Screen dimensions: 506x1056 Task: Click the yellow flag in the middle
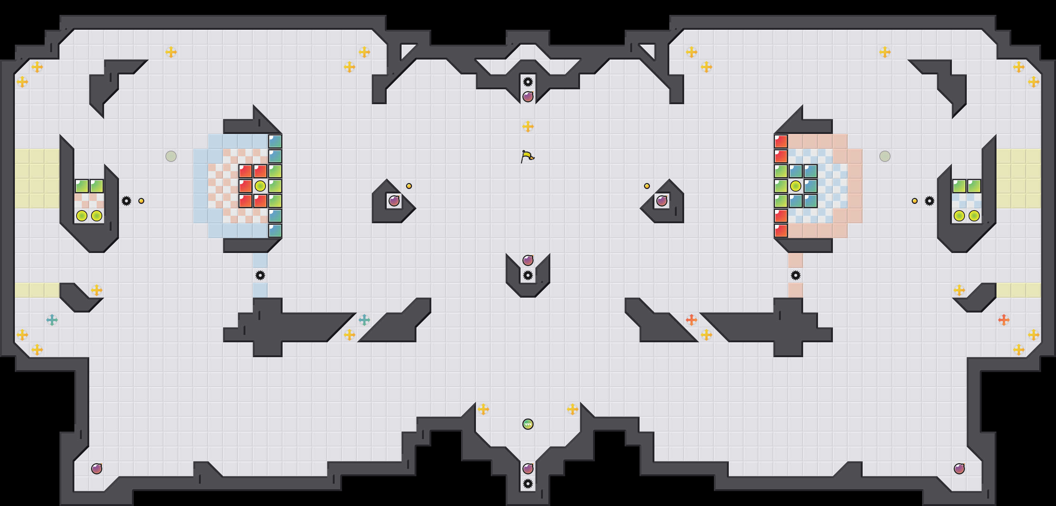527,156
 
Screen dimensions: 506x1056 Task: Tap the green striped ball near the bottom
528,424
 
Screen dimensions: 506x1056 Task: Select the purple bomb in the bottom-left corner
97,468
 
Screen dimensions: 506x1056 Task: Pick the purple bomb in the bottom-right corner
959,468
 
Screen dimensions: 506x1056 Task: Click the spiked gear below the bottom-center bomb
528,483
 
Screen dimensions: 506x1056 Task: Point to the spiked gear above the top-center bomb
528,81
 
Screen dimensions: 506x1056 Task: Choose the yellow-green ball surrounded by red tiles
260,186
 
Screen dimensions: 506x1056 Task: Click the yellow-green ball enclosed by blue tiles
796,186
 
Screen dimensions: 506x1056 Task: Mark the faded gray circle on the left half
171,156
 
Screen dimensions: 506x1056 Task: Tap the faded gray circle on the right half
885,156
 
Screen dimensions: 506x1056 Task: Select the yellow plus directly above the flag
528,126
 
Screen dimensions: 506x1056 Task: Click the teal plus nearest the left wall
52,320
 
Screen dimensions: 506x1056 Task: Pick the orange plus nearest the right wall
1004,320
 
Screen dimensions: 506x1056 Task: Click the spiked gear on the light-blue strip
260,275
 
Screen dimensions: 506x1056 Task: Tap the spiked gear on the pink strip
796,275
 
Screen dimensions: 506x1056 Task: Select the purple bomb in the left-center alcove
394,201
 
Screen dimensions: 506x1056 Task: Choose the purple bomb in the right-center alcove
661,201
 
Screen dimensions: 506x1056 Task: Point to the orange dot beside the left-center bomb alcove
409,186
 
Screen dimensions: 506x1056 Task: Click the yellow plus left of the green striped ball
483,409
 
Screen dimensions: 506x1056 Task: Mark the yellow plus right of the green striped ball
573,409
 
